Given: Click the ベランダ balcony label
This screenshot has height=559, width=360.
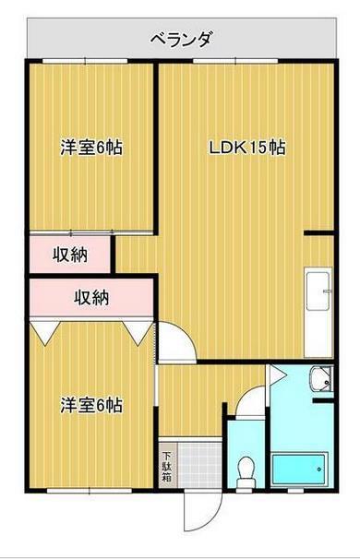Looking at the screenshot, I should pos(182,39).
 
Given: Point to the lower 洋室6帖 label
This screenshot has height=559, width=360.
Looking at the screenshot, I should pos(92,404).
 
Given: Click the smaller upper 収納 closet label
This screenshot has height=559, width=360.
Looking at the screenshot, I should pos(69,254).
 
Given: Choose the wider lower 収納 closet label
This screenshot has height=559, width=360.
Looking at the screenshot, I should pos(91,298).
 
